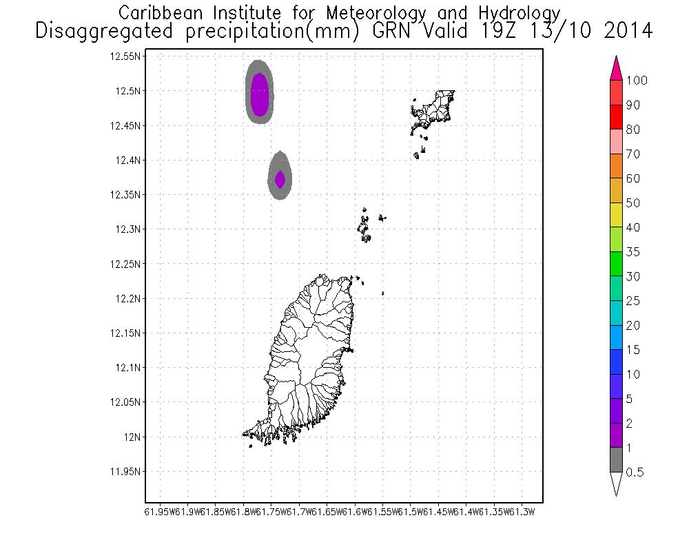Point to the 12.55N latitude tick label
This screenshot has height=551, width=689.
[x=125, y=56]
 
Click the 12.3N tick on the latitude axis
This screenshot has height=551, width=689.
[x=128, y=229]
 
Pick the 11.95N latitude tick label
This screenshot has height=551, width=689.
[x=125, y=472]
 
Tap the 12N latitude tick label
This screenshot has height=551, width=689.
[x=132, y=437]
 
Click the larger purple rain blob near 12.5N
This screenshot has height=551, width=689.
[x=259, y=94]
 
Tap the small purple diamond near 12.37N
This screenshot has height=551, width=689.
[x=280, y=179]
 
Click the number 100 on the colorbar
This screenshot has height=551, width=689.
[x=637, y=81]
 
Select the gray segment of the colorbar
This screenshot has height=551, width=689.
[x=617, y=460]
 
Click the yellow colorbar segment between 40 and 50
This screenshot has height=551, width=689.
[x=617, y=215]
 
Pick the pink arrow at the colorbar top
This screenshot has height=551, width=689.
[x=617, y=67]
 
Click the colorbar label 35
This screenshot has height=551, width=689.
[x=633, y=252]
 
